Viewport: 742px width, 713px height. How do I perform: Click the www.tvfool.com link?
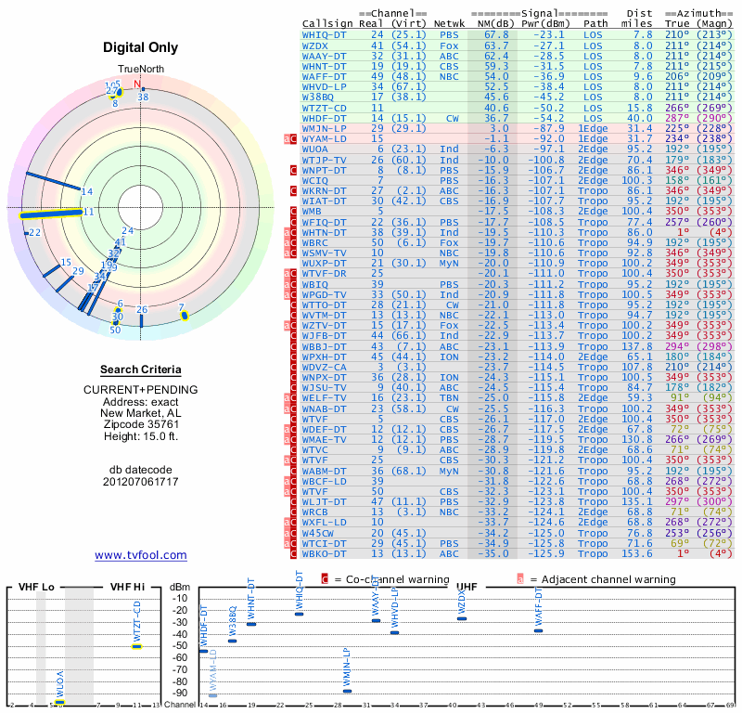pyautogui.click(x=141, y=555)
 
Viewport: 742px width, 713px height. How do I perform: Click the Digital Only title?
pyautogui.click(x=141, y=46)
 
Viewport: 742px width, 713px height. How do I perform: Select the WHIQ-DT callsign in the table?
pyautogui.click(x=325, y=34)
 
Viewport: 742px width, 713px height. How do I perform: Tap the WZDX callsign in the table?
pyautogui.click(x=315, y=45)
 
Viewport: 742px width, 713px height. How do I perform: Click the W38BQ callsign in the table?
pyautogui.click(x=318, y=97)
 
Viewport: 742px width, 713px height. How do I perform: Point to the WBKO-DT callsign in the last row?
pyautogui.click(x=325, y=554)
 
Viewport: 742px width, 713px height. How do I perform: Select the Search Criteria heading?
pyautogui.click(x=141, y=369)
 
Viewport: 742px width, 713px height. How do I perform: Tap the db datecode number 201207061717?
pyautogui.click(x=141, y=482)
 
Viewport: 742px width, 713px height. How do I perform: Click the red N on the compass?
pyautogui.click(x=137, y=84)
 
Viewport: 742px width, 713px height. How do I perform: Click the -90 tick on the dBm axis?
pyautogui.click(x=179, y=693)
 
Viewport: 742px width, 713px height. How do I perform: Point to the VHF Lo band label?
pyautogui.click(x=34, y=588)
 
